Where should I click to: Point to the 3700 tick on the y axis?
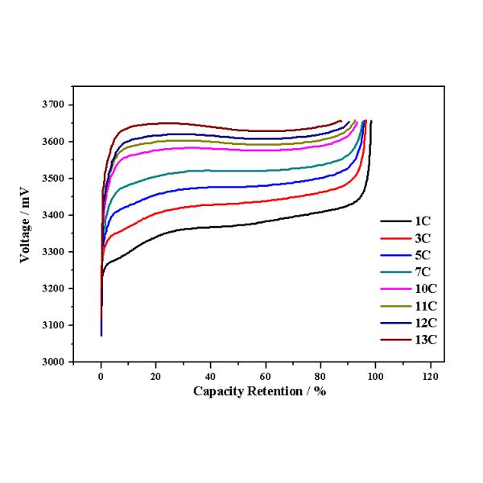pyautogui.click(x=58, y=105)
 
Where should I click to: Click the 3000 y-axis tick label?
pyautogui.click(x=58, y=361)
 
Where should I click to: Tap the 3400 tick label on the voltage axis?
pyautogui.click(x=58, y=215)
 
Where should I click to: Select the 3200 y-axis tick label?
pyautogui.click(x=58, y=288)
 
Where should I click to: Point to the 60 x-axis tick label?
pyautogui.click(x=266, y=376)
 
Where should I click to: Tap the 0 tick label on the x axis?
pyautogui.click(x=101, y=376)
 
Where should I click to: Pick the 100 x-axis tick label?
pyautogui.click(x=375, y=376)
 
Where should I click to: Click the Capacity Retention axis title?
pyautogui.click(x=259, y=391)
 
